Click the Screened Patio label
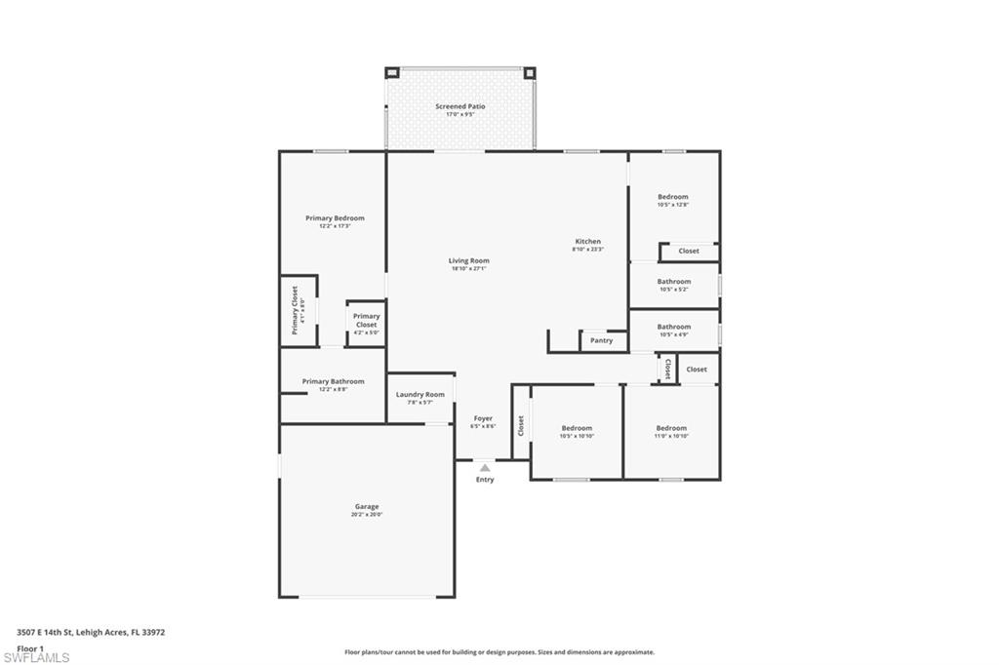pyautogui.click(x=460, y=106)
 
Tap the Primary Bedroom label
pyautogui.click(x=335, y=218)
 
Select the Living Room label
pyautogui.click(x=468, y=261)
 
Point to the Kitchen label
pyautogui.click(x=587, y=242)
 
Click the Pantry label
pyautogui.click(x=602, y=340)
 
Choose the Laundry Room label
pyautogui.click(x=420, y=395)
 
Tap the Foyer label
pyautogui.click(x=483, y=419)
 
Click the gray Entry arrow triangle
pyautogui.click(x=485, y=468)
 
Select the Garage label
pyautogui.click(x=367, y=507)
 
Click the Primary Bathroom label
pyautogui.click(x=333, y=382)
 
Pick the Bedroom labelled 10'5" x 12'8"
pyautogui.click(x=672, y=197)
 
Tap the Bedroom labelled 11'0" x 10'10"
pyautogui.click(x=671, y=429)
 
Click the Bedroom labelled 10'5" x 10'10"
pyautogui.click(x=577, y=429)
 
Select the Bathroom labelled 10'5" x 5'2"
pyautogui.click(x=673, y=282)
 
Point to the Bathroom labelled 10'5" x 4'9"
pyautogui.click(x=673, y=328)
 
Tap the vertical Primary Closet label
pyautogui.click(x=295, y=310)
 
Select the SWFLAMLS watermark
pyautogui.click(x=36, y=657)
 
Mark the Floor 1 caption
pyautogui.click(x=30, y=648)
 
